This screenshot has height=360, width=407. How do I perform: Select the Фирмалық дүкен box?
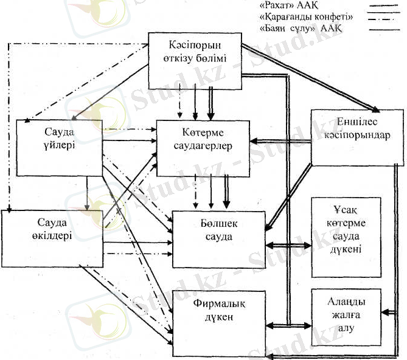[x=219, y=317]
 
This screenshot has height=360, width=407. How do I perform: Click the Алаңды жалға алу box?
[x=346, y=316]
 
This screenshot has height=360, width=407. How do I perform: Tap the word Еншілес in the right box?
[x=357, y=123]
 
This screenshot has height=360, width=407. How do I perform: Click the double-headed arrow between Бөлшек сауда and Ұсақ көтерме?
[x=288, y=245]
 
